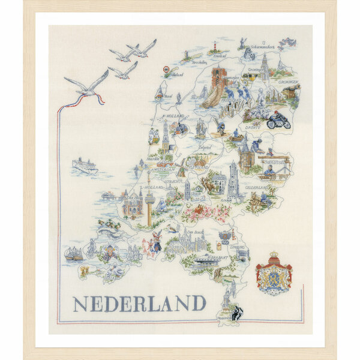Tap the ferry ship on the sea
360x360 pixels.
[85, 165]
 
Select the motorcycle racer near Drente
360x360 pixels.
[278, 119]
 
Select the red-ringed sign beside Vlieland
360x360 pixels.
[166, 70]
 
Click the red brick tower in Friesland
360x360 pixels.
[220, 77]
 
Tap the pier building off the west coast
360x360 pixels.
[109, 195]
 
